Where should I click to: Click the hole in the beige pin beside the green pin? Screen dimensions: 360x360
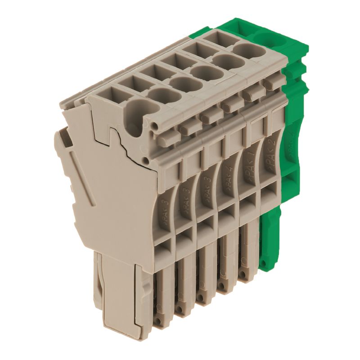(243, 273)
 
